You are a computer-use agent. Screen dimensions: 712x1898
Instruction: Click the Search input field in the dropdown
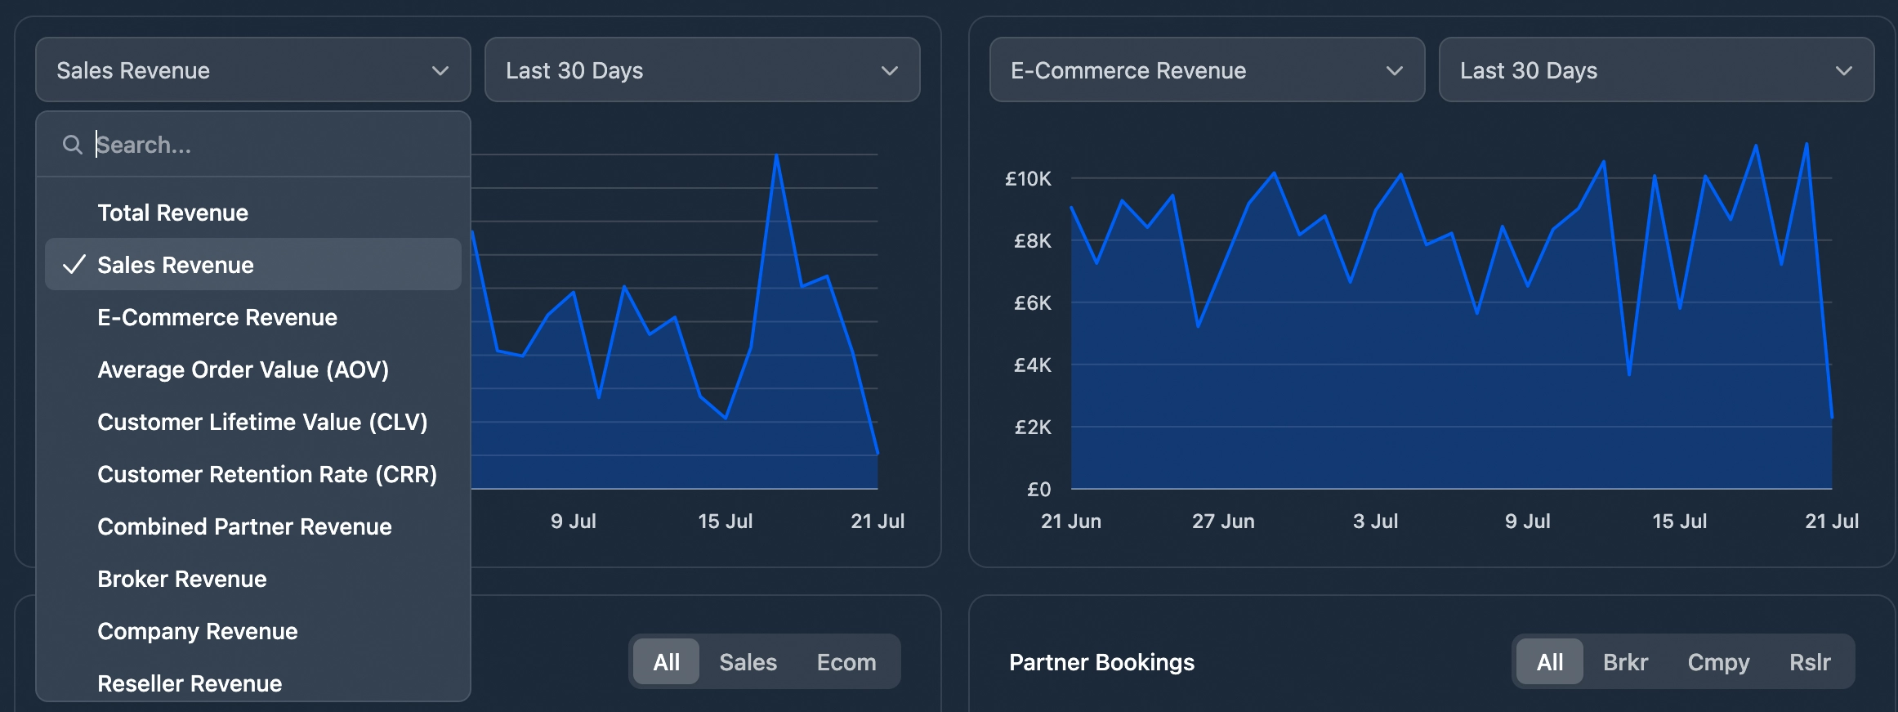pyautogui.click(x=270, y=145)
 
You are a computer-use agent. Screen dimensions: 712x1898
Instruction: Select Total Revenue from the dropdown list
pyautogui.click(x=172, y=213)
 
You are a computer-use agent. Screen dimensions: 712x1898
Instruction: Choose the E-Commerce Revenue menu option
pyautogui.click(x=217, y=317)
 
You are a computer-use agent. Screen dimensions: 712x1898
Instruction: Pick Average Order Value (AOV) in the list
pyautogui.click(x=243, y=369)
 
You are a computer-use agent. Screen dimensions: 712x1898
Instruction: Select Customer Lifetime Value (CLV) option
pyautogui.click(x=262, y=422)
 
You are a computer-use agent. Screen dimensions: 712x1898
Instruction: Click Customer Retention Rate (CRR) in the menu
pyautogui.click(x=267, y=474)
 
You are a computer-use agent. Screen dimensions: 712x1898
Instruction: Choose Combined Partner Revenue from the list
pyautogui.click(x=244, y=526)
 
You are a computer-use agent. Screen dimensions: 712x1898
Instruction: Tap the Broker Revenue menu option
pyautogui.click(x=181, y=579)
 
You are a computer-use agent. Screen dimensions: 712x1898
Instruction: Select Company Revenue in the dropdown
pyautogui.click(x=197, y=631)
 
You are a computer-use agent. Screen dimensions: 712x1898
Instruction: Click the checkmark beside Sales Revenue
pyautogui.click(x=74, y=265)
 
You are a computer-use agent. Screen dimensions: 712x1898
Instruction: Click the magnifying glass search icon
pyautogui.click(x=73, y=145)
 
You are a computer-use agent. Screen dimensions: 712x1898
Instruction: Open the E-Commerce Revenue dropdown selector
pyautogui.click(x=1206, y=70)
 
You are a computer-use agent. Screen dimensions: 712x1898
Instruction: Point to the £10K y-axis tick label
pyautogui.click(x=1028, y=178)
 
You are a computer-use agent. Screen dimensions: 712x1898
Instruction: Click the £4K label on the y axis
pyautogui.click(x=1032, y=365)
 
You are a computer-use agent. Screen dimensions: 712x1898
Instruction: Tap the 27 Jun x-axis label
pyautogui.click(x=1222, y=522)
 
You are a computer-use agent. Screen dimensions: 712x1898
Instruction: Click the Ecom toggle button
pyautogui.click(x=846, y=662)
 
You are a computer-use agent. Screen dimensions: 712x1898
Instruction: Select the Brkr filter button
pyautogui.click(x=1624, y=662)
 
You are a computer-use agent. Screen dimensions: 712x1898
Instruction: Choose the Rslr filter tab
pyautogui.click(x=1809, y=662)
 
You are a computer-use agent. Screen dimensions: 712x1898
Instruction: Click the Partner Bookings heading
pyautogui.click(x=1101, y=662)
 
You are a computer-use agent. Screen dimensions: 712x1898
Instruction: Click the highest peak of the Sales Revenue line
pyautogui.click(x=776, y=155)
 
